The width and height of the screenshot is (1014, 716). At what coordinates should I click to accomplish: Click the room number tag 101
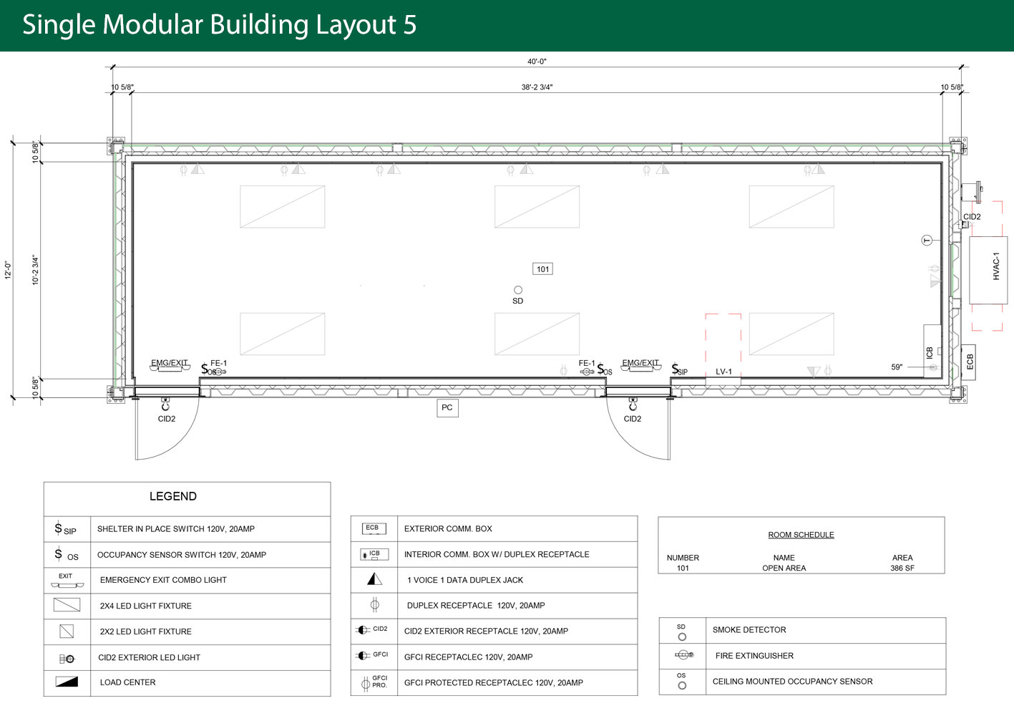coord(542,269)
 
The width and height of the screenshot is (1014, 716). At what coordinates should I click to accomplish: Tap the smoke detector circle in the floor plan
coord(518,290)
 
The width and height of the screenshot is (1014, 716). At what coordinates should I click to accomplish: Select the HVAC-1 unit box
coord(988,270)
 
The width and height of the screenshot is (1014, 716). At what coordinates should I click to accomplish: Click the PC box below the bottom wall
coord(447,407)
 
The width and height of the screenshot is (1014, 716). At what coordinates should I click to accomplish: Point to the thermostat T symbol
coord(927,241)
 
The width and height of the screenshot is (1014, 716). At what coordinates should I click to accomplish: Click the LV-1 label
coord(723,372)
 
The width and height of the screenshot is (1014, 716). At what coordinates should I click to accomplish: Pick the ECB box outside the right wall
coord(969,362)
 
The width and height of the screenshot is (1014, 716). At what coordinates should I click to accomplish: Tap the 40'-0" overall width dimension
coord(537,61)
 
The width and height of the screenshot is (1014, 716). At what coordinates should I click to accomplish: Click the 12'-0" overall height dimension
coord(8,270)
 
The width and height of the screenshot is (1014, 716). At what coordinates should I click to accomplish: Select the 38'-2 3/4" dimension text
coord(537,87)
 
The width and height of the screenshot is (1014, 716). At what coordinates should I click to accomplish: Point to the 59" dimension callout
coord(897,367)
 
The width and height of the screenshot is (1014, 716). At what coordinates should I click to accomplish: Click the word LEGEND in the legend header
coord(173,496)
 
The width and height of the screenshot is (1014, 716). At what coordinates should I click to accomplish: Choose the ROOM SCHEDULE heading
coord(801,535)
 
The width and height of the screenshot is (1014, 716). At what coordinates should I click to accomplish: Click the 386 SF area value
coord(902,568)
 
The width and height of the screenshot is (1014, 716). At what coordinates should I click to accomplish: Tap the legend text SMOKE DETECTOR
coord(749,629)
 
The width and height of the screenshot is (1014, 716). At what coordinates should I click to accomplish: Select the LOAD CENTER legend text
coord(127,682)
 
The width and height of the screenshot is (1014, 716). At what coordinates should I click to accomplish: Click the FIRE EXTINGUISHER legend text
coord(754,655)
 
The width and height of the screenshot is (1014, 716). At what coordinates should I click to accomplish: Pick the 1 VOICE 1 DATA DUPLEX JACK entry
coord(465,580)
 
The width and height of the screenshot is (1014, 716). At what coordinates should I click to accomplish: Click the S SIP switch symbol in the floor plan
coord(680,369)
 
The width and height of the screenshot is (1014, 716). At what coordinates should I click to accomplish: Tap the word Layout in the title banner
coord(356,25)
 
